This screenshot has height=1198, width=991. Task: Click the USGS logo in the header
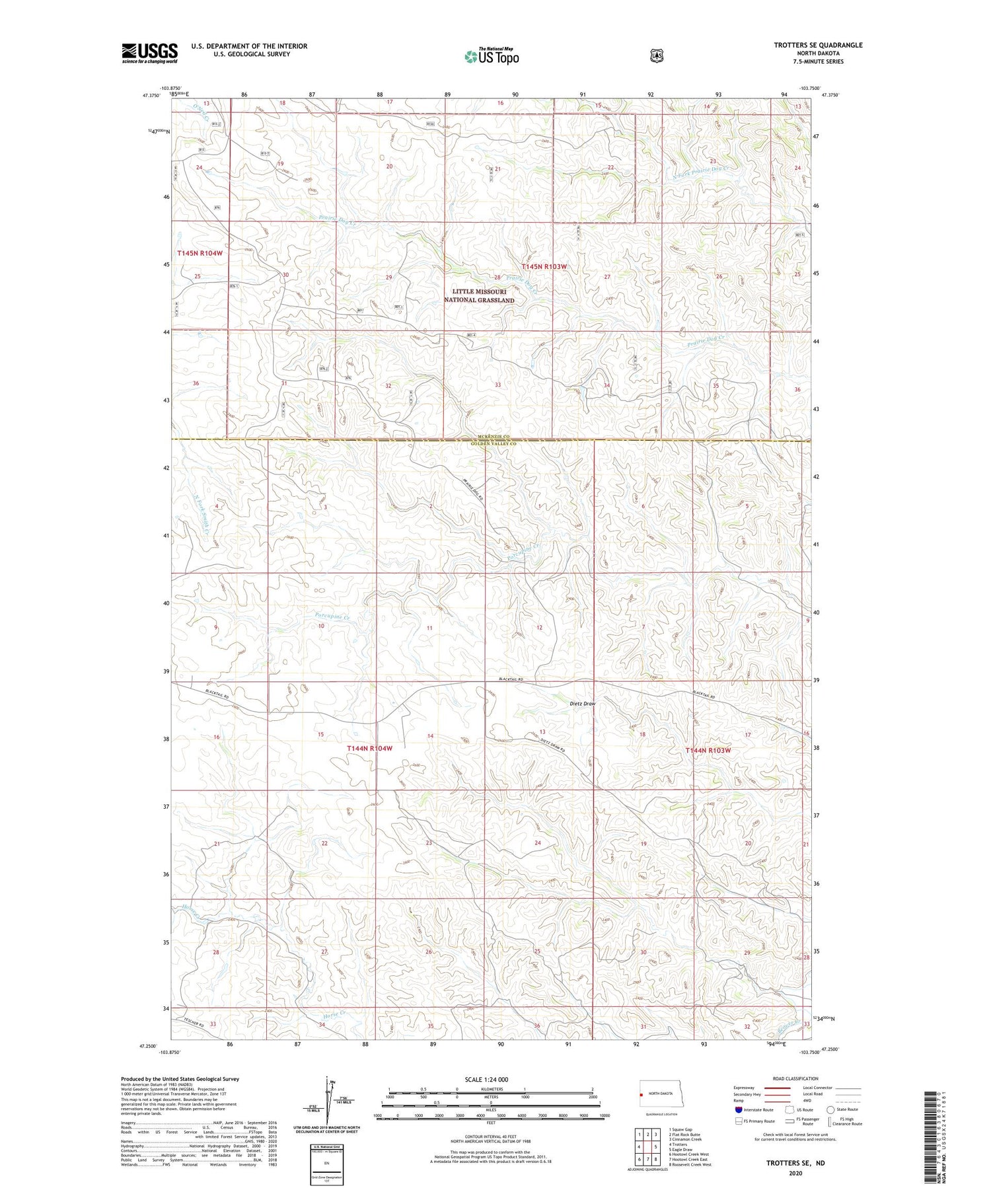click(x=149, y=53)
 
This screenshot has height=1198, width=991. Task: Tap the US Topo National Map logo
click(x=492, y=56)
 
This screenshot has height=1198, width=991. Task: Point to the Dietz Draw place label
click(x=582, y=704)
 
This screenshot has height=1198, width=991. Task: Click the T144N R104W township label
click(x=369, y=748)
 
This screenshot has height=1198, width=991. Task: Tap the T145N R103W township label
click(x=544, y=266)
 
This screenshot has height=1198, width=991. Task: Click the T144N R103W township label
click(x=708, y=751)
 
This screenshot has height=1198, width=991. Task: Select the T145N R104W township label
click(x=200, y=253)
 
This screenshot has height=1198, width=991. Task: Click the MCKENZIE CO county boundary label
click(x=490, y=437)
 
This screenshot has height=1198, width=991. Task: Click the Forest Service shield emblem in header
click(x=656, y=56)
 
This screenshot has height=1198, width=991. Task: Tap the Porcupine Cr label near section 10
click(x=332, y=615)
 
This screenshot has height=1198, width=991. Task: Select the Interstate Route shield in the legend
click(x=738, y=1109)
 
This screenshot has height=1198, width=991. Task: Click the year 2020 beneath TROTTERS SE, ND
click(x=794, y=1174)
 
